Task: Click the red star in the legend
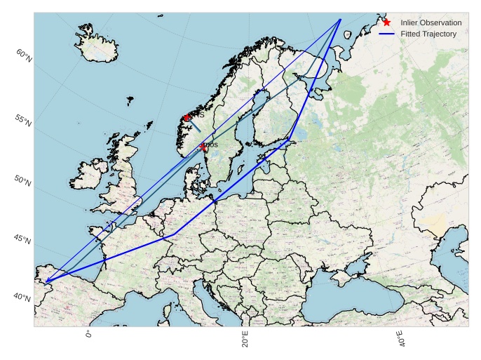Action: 386,22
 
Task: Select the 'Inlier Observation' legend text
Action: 431,23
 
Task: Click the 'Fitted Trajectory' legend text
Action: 428,34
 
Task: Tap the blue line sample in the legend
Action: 386,34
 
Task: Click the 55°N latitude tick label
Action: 22,120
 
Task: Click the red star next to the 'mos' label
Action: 203,147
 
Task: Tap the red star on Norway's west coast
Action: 186,118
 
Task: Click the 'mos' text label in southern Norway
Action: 210,145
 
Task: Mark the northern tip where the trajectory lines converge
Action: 340,20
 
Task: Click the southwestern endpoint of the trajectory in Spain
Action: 46,281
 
